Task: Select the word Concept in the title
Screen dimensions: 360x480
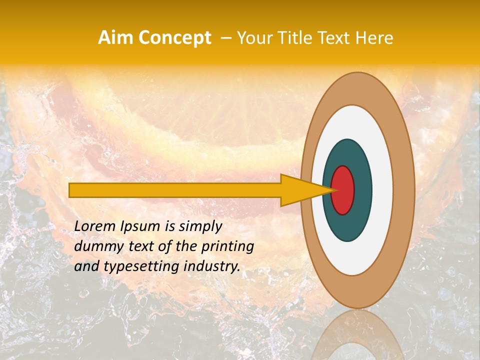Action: coord(174,38)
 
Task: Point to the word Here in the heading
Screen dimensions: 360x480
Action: coord(374,38)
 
